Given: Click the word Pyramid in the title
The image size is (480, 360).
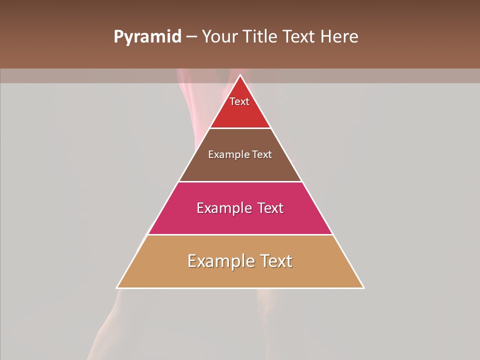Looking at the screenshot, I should pyautogui.click(x=147, y=37).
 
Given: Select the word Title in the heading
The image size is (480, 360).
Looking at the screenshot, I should pyautogui.click(x=262, y=37).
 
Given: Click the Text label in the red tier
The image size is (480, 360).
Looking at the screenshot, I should pyautogui.click(x=239, y=101).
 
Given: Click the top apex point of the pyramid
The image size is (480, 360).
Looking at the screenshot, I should pyautogui.click(x=240, y=75).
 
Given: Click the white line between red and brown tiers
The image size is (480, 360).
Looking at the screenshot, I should pyautogui.click(x=240, y=128).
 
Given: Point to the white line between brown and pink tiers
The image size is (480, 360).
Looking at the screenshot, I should pyautogui.click(x=240, y=181).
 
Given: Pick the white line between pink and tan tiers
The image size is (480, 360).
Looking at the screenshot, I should pyautogui.click(x=240, y=234).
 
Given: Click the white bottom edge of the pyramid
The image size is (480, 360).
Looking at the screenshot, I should pyautogui.click(x=240, y=288).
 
